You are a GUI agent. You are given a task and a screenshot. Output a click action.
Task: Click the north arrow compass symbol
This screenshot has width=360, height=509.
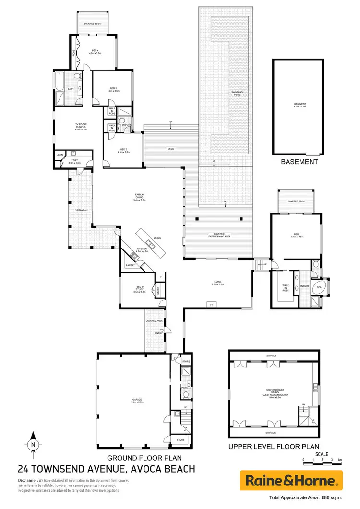pos(33,441)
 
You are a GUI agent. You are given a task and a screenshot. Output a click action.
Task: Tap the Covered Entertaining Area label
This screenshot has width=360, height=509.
pos(219,236)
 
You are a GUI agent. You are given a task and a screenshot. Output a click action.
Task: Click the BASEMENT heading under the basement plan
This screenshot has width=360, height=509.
pos(300,162)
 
